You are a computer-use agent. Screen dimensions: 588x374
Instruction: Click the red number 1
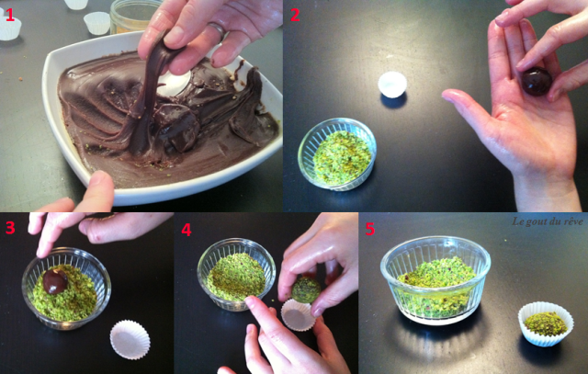click(10, 15)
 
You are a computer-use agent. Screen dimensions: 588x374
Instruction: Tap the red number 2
click(295, 15)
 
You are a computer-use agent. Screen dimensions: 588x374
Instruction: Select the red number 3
click(10, 228)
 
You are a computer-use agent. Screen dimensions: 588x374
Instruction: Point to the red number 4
click(187, 230)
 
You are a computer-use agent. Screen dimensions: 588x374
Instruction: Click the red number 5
click(369, 229)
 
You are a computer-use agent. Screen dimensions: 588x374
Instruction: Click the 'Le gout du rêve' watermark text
click(548, 221)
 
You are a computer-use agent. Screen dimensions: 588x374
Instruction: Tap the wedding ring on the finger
click(218, 31)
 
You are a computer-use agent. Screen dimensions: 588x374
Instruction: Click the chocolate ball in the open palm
click(537, 81)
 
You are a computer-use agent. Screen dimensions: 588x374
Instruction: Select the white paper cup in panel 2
click(392, 85)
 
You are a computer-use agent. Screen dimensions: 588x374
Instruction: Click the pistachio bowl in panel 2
click(337, 154)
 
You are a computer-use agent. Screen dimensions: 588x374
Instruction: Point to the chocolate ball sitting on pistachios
click(55, 281)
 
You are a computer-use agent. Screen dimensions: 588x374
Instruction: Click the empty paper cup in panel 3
click(130, 339)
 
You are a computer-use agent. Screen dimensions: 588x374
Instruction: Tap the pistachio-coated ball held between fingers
click(306, 289)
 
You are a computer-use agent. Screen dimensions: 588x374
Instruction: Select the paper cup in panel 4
click(298, 315)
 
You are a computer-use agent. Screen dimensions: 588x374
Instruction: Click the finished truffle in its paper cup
click(546, 323)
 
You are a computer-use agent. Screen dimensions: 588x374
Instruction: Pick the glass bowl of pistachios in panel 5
click(435, 279)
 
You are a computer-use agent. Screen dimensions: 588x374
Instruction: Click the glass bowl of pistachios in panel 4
click(236, 274)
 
